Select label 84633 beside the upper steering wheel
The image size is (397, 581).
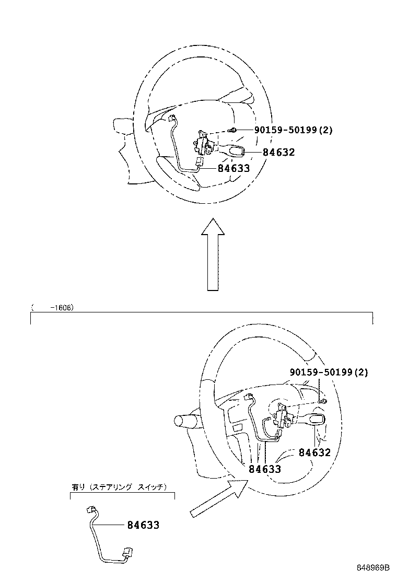[233, 168]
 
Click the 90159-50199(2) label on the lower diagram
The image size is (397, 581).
[329, 373]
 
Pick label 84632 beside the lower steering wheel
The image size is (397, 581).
[315, 452]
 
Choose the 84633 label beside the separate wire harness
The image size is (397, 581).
[143, 525]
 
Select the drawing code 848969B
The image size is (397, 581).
[373, 567]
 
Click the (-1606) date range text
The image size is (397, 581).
[53, 308]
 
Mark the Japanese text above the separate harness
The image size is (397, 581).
[119, 487]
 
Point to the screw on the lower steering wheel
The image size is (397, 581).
[324, 401]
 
